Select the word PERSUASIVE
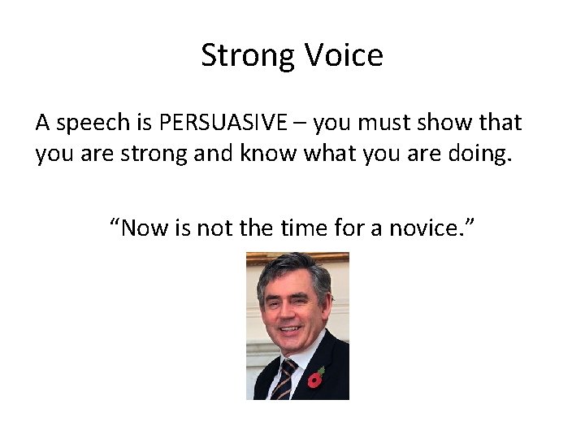tap(223, 123)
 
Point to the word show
tap(444, 123)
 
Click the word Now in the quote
tap(147, 229)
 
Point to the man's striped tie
tap(284, 381)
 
